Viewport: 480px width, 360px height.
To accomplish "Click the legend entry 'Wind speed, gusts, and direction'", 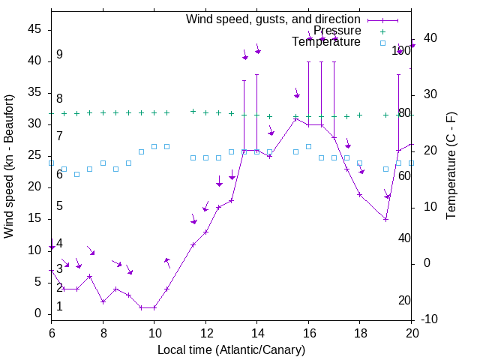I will (x=273, y=19).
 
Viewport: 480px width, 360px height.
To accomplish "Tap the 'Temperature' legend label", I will (x=326, y=42).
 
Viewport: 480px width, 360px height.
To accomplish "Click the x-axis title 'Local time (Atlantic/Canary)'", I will (x=232, y=350).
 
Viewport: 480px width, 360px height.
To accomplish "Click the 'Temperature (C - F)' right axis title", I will (x=451, y=166).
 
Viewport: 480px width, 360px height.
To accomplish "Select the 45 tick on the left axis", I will (x=35, y=29).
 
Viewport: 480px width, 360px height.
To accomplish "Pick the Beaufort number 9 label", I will (x=59, y=55).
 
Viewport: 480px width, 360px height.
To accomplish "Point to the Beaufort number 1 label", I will (x=59, y=307).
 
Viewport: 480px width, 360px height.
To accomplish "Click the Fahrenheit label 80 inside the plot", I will (x=404, y=113).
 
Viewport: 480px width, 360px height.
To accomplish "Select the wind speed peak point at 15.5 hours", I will (x=295, y=118).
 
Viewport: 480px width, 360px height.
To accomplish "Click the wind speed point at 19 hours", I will (x=385, y=219).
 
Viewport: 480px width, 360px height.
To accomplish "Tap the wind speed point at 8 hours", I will (x=103, y=301).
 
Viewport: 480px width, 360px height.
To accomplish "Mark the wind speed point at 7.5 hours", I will (x=90, y=276).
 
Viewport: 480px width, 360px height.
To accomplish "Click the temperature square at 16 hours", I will (x=308, y=146).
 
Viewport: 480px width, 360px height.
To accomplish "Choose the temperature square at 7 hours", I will (x=76, y=174).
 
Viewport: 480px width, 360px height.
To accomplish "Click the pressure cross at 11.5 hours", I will (x=193, y=111).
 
